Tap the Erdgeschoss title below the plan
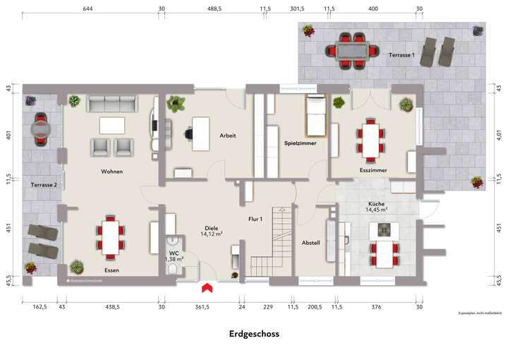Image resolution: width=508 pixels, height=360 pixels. tap(254, 334)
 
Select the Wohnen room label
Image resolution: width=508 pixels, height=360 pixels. tap(111, 172)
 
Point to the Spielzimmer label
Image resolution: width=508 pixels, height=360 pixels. tap(300, 143)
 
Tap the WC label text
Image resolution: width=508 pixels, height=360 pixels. tap(174, 253)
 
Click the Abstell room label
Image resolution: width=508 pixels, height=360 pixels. tap(311, 243)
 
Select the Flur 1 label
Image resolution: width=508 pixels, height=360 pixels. tap(255, 220)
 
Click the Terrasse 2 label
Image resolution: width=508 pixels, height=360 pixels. tap(44, 185)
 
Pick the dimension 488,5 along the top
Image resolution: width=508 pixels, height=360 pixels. tap(214, 10)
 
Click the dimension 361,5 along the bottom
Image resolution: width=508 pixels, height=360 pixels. tap(203, 307)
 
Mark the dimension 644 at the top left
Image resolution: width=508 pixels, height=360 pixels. tap(87, 10)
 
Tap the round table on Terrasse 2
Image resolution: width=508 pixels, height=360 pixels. tap(42, 130)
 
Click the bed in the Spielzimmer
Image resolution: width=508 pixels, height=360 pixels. tap(315, 116)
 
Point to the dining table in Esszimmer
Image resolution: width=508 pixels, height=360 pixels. tap(370, 138)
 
